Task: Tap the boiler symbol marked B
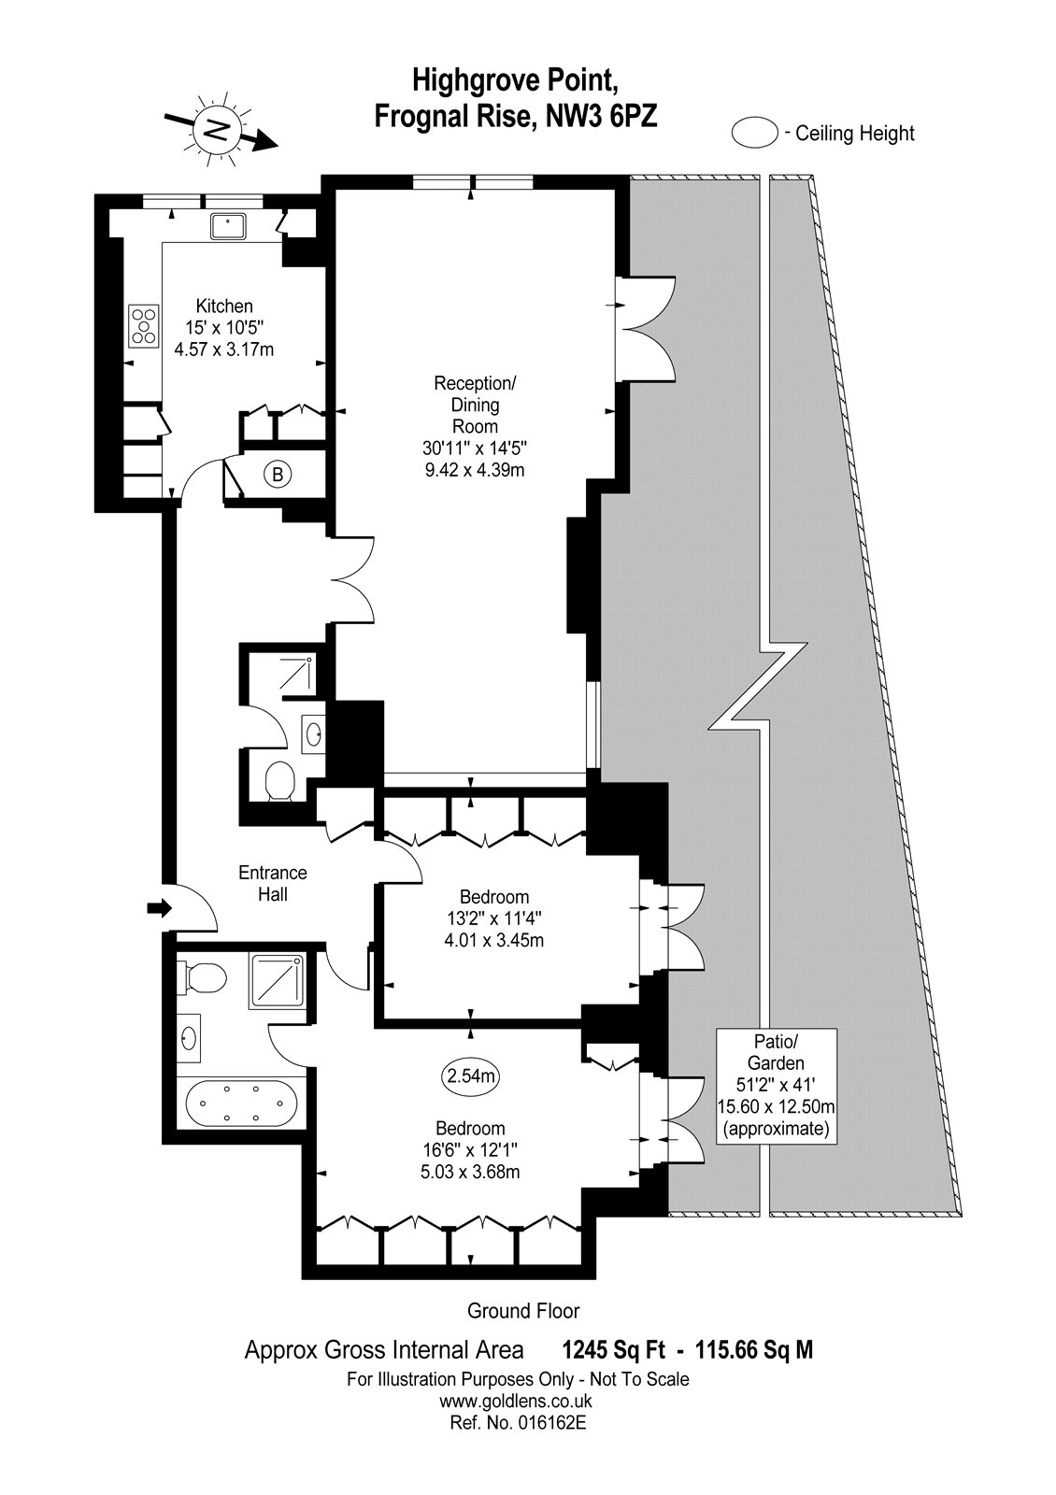click(278, 475)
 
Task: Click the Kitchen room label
click(224, 306)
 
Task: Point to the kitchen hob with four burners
click(144, 326)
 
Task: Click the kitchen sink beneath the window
click(228, 226)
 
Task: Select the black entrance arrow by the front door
click(160, 907)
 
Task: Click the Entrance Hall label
click(273, 883)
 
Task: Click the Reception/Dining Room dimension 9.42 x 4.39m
click(475, 470)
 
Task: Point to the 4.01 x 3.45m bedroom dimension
click(494, 941)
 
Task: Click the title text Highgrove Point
click(513, 80)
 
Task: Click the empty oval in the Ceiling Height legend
click(755, 132)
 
